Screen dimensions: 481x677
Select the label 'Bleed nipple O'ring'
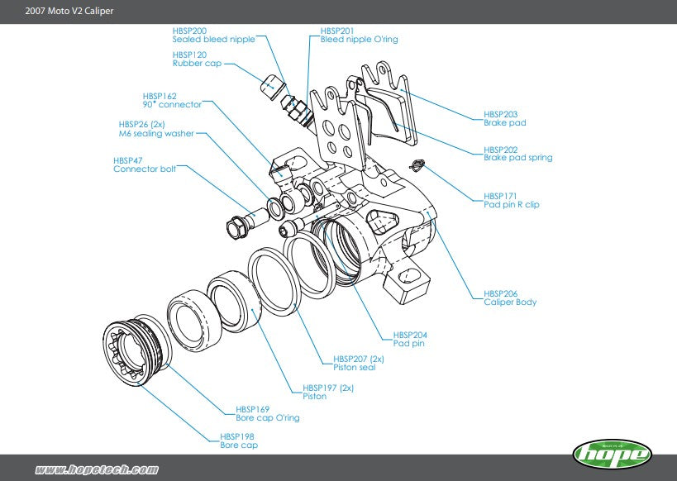click(359, 40)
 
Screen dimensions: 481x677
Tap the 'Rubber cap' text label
click(197, 63)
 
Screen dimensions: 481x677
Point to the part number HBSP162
click(160, 96)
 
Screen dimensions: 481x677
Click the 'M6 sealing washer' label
click(156, 133)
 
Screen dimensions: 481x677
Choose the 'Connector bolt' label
click(144, 169)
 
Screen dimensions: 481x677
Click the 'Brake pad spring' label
click(517, 157)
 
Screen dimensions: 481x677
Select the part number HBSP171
click(500, 196)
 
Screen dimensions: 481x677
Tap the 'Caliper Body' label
click(510, 302)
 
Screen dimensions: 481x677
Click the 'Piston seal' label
click(355, 367)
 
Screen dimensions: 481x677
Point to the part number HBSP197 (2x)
click(328, 387)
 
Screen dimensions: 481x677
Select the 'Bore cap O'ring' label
click(267, 418)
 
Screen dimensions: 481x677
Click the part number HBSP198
click(236, 436)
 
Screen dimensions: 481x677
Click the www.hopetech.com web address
click(97, 469)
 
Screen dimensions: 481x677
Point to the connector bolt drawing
click(246, 220)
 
